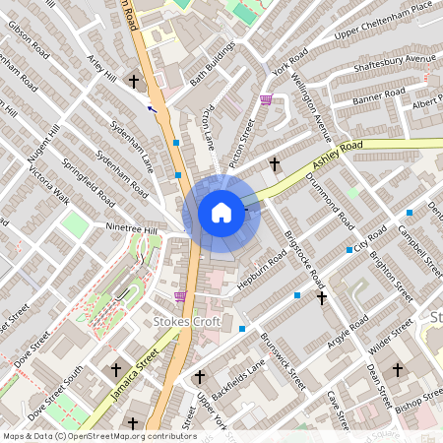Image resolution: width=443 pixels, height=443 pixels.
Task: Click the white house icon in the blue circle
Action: coord(221,212)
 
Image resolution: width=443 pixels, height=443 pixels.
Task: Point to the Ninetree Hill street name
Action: coord(132,229)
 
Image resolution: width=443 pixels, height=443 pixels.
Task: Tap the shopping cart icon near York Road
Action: coord(266,99)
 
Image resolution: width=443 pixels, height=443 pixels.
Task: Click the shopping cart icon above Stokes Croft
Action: coord(179,296)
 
